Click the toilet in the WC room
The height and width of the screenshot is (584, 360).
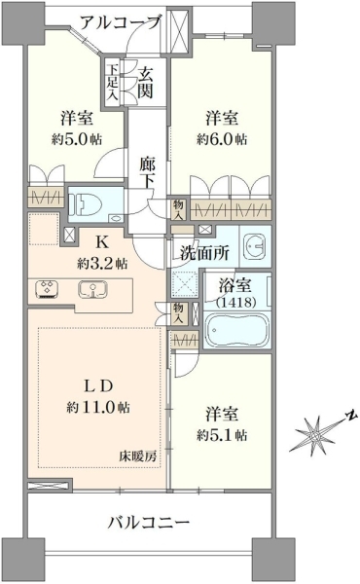coord(88,203)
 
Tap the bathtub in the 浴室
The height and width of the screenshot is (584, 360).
coord(237,329)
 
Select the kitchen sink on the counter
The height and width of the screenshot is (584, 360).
coord(92,289)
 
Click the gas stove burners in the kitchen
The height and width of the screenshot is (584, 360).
coord(47,289)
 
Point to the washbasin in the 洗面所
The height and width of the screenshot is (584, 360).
coord(255,245)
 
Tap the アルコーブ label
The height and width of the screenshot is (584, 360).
coord(120,22)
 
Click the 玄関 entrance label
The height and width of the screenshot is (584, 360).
coord(145,83)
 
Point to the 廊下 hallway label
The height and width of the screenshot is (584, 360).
coord(147,173)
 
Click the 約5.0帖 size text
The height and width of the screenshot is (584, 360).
coord(77,139)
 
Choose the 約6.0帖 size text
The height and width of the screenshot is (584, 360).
coord(222,139)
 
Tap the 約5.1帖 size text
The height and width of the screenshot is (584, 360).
coord(222,435)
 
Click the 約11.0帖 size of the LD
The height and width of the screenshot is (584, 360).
coord(98,407)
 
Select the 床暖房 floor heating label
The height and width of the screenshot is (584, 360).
coord(138,456)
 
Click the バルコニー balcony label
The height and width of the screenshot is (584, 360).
coord(149,522)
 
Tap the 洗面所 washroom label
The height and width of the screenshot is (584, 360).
coord(204,253)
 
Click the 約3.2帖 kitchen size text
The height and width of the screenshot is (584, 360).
coord(102,264)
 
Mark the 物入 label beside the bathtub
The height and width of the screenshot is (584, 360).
coord(178,313)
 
